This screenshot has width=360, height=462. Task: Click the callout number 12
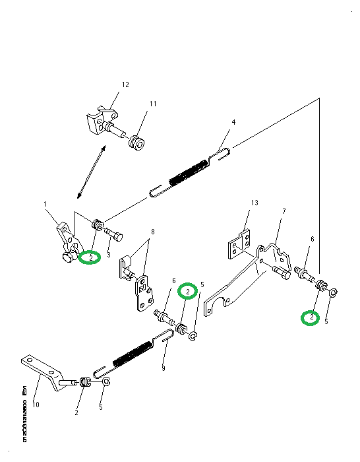(x=125, y=84)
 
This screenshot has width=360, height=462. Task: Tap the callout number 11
(x=152, y=104)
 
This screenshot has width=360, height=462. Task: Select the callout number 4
(x=233, y=122)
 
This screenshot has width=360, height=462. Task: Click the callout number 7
(x=284, y=211)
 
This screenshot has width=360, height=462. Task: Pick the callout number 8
(x=152, y=232)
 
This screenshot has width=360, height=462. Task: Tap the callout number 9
(x=163, y=369)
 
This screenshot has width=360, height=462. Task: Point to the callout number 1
(x=46, y=205)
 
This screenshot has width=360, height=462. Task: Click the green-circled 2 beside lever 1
(x=89, y=257)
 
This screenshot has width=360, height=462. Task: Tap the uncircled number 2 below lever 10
(x=76, y=412)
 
